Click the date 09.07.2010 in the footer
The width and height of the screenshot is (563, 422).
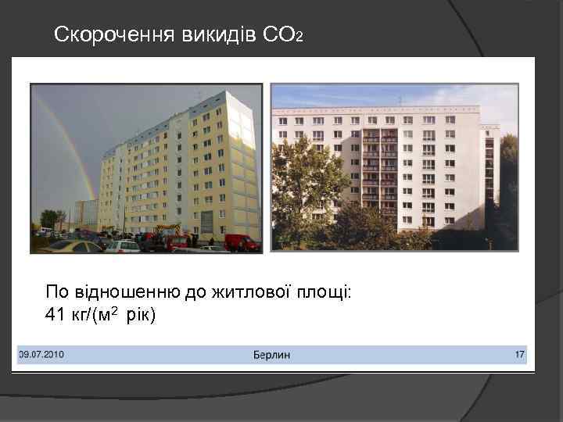[x=41, y=355]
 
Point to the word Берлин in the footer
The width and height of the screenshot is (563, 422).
[x=271, y=355]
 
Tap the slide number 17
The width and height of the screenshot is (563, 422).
[x=519, y=355]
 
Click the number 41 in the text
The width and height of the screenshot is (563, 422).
[x=55, y=315]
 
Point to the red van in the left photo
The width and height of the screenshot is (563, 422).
[x=242, y=242]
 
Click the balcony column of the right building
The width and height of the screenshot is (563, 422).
[x=379, y=172]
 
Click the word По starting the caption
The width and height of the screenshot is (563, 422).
[x=57, y=293]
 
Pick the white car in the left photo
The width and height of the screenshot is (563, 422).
[x=123, y=246]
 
